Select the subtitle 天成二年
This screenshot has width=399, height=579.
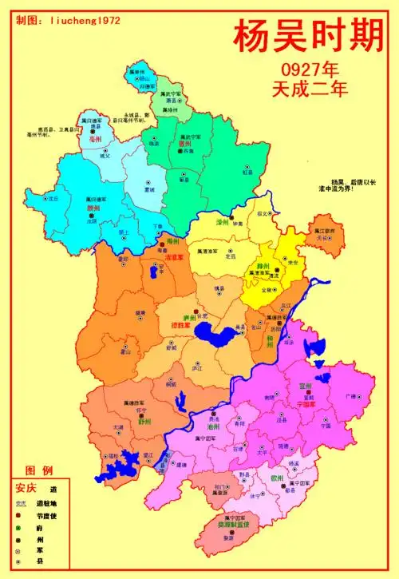point(310,87)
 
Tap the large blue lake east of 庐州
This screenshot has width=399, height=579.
point(213,331)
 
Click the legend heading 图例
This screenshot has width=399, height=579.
point(39,470)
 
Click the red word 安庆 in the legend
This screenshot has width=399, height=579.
point(26,488)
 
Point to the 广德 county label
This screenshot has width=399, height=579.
point(350,396)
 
